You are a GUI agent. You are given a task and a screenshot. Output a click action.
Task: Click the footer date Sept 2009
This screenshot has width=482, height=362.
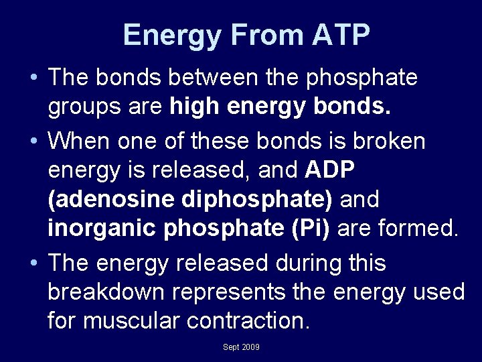tap(241, 347)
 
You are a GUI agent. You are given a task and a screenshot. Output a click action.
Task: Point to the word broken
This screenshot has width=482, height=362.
tap(397, 141)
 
